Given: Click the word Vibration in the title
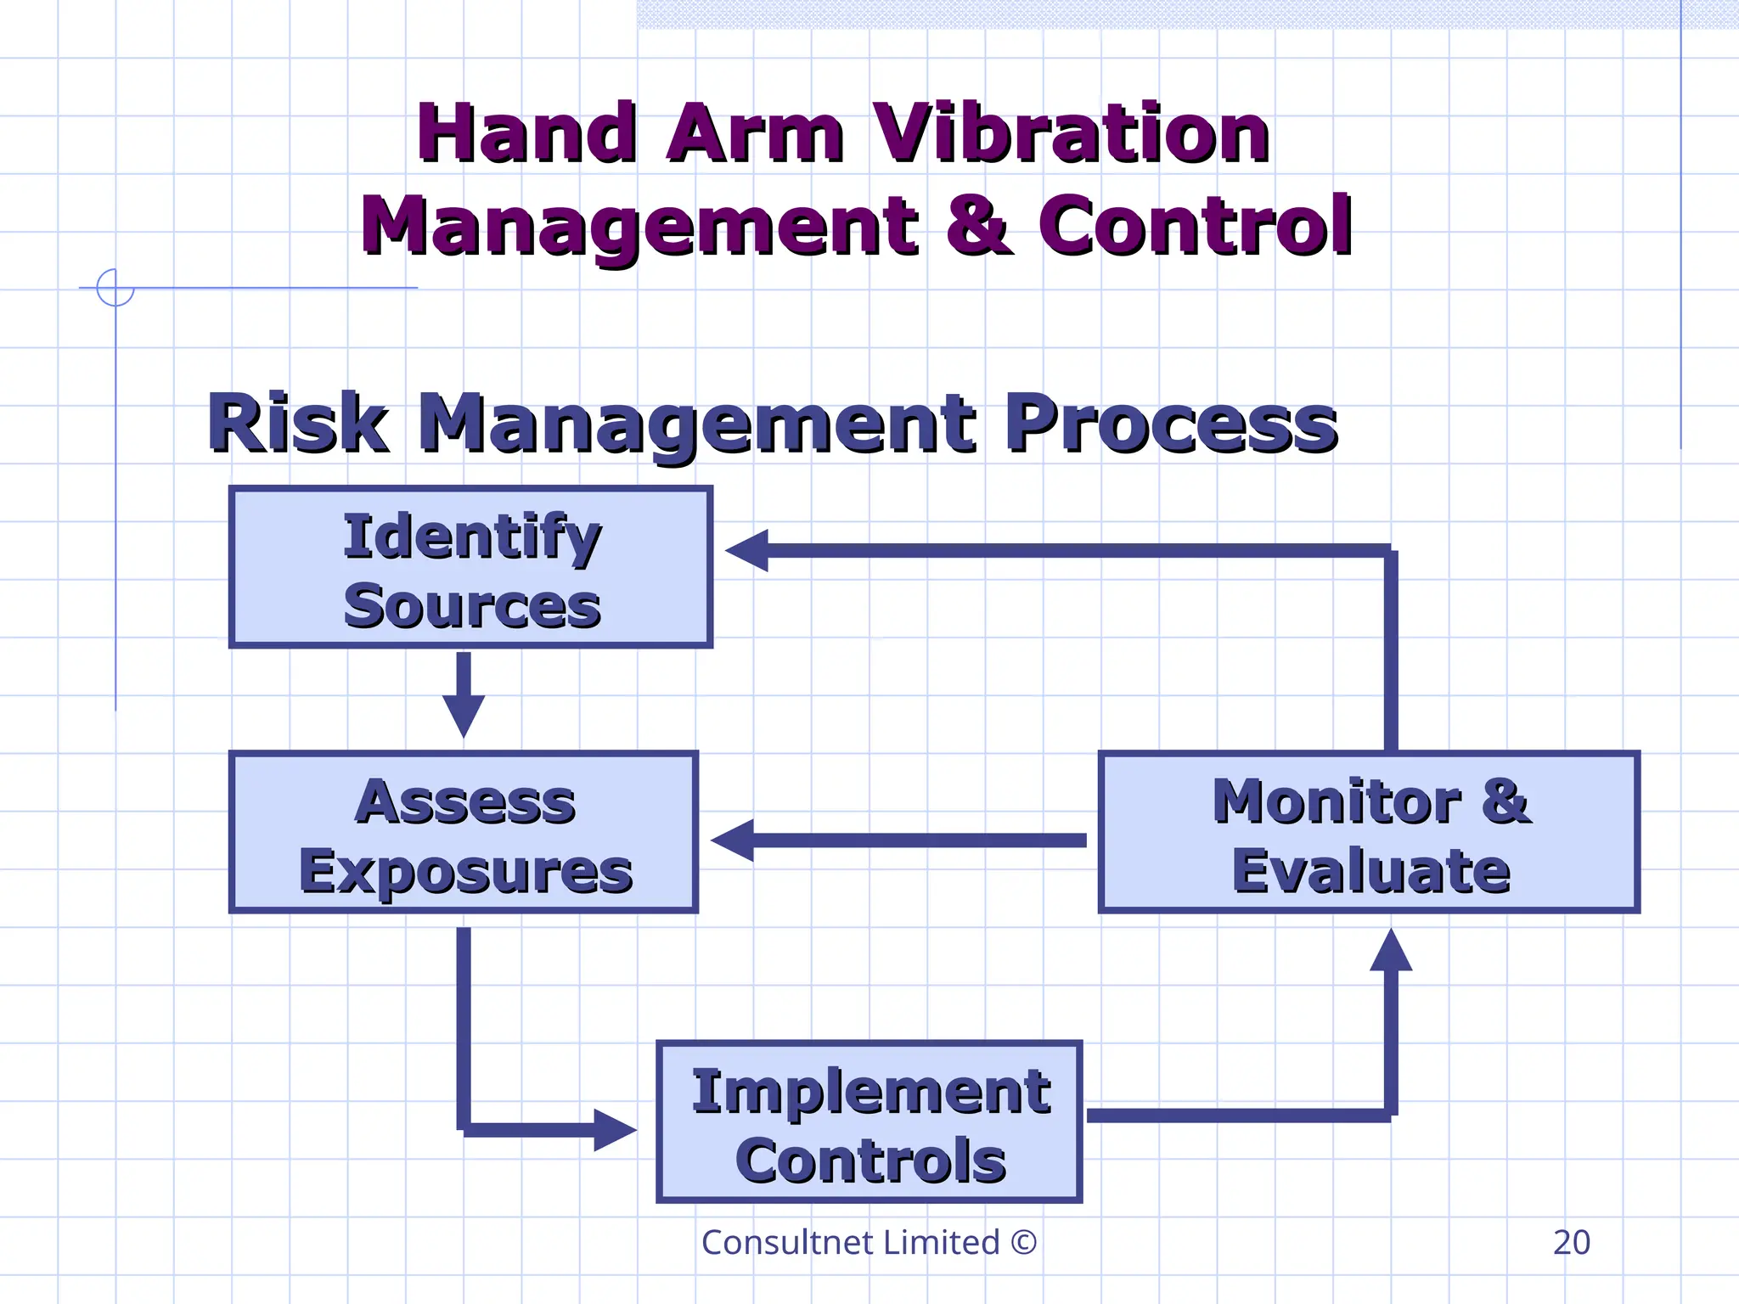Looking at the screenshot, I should [x=1072, y=134].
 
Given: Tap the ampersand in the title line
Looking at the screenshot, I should [x=978, y=225].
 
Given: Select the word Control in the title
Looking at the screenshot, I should [x=1195, y=225].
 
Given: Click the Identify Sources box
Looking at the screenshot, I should [x=470, y=567].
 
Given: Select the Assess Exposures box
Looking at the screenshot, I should [x=464, y=832].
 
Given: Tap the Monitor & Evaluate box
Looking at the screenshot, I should [x=1369, y=832].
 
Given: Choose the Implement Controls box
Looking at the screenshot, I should [x=869, y=1121].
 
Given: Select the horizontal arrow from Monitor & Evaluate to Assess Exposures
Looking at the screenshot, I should [x=900, y=840].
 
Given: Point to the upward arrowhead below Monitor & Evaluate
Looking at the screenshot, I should [x=1391, y=951].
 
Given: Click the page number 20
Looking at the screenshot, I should [x=1571, y=1242].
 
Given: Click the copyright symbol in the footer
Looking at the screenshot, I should [x=1024, y=1242].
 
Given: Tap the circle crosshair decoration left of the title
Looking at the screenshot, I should [x=115, y=287].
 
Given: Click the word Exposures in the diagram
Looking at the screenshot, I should [x=465, y=872].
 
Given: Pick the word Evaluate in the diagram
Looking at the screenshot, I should [x=1370, y=872].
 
